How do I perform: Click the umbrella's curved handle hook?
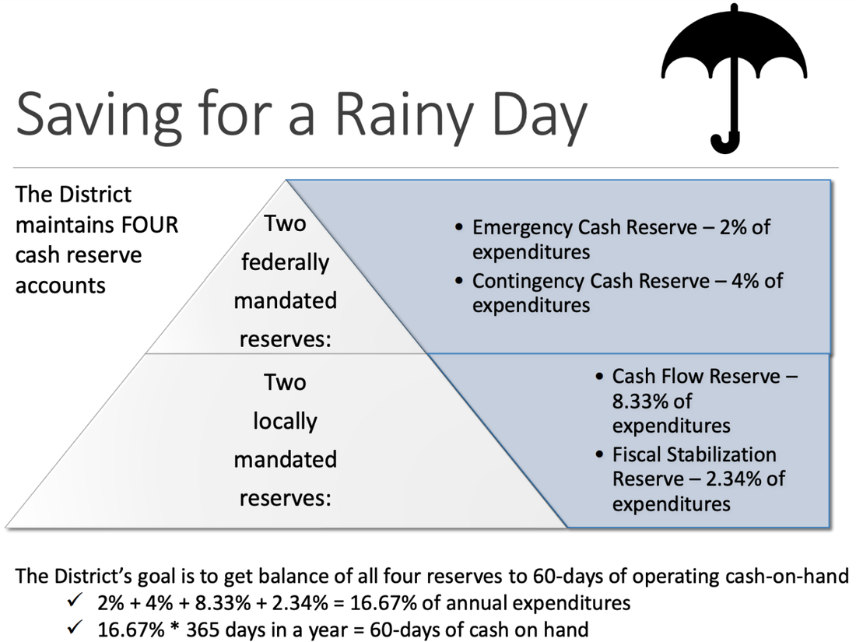(725, 144)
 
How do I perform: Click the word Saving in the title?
(99, 116)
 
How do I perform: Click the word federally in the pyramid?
(285, 262)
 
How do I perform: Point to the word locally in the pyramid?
(285, 422)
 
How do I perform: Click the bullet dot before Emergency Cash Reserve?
(458, 227)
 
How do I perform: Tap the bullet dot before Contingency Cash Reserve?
(458, 281)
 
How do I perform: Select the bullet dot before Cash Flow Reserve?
(599, 376)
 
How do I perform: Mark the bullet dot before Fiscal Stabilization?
(599, 454)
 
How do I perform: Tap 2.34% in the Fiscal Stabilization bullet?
(734, 479)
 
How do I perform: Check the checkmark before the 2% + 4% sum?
(75, 601)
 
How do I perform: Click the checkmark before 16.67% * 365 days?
(75, 627)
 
